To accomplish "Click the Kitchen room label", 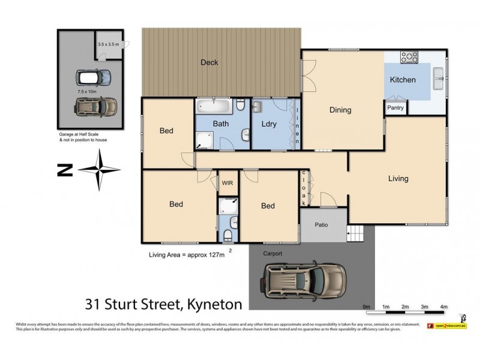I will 403,80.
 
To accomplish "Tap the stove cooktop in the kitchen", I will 409,58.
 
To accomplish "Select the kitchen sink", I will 439,75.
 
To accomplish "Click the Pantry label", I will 395,108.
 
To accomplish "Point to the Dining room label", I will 340,110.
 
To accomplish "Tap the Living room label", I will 398,178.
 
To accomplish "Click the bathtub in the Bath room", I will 212,107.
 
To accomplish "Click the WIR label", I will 227,183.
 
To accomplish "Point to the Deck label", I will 209,62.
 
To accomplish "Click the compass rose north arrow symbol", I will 99,169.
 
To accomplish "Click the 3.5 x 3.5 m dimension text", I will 109,44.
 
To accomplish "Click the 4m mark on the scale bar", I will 444,306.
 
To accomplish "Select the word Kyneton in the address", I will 212,304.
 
